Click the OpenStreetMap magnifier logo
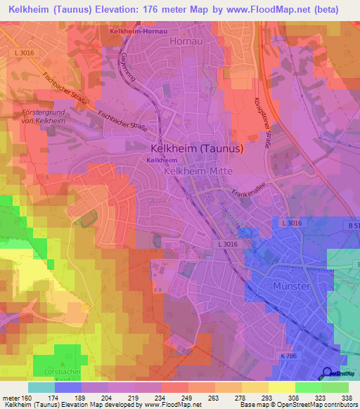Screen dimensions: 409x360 (327, 373)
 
